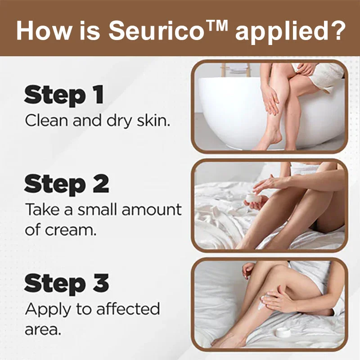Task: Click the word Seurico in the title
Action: click(x=157, y=31)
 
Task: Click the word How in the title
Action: click(x=44, y=31)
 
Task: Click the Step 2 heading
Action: click(x=67, y=184)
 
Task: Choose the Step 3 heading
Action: click(x=67, y=283)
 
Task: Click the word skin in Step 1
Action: click(x=153, y=120)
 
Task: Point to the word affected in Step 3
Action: click(x=128, y=308)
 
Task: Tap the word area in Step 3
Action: click(x=43, y=330)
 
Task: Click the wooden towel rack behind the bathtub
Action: click(x=235, y=70)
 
